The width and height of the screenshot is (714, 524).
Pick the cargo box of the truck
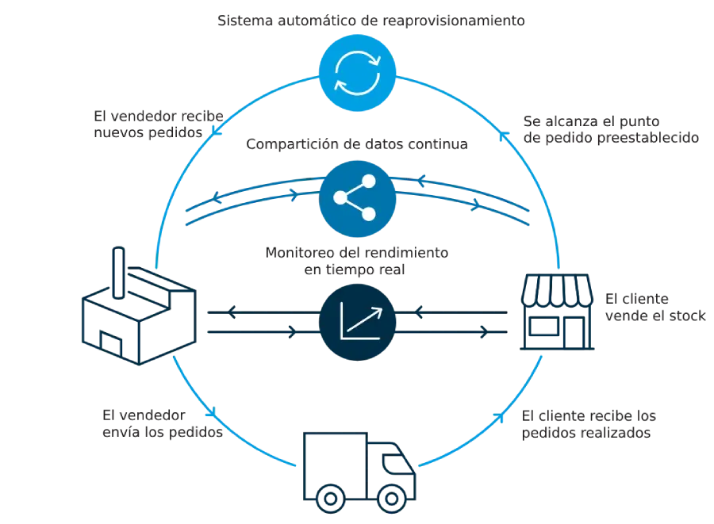(x=333, y=460)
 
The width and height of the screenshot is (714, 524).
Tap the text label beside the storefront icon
(x=655, y=307)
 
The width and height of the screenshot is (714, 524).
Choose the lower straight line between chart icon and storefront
(x=452, y=334)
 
